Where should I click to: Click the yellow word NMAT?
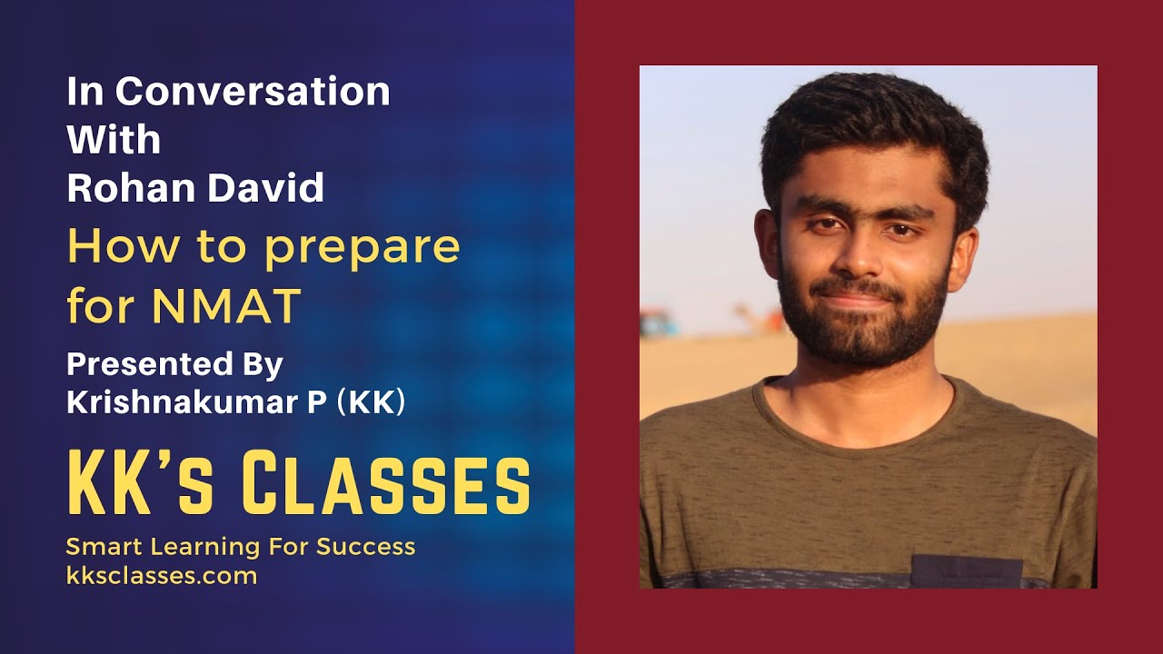[227, 306]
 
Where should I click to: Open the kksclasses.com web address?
[162, 575]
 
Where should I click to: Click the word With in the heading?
[114, 140]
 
